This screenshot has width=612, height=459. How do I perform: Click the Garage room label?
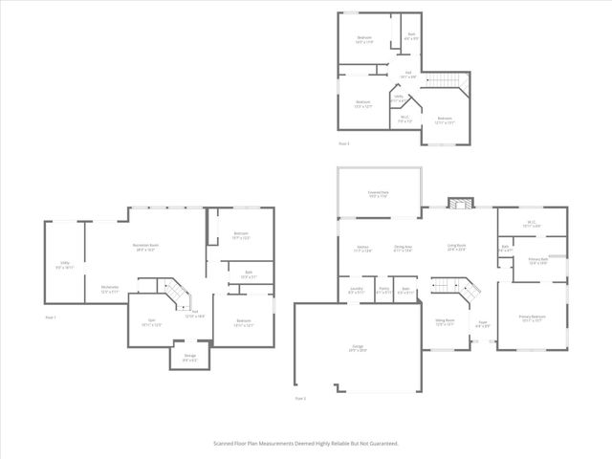point(358,349)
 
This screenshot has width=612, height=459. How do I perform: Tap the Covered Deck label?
point(379,194)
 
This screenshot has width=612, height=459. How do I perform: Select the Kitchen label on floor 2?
point(362,249)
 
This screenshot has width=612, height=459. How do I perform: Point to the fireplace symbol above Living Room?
point(460,204)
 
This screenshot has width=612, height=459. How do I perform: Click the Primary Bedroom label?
point(532,318)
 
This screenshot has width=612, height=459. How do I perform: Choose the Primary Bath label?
point(536,261)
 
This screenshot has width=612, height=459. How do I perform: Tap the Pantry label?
point(382,290)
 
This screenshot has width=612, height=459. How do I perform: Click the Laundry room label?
point(356,290)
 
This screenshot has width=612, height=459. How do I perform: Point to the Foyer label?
point(484,324)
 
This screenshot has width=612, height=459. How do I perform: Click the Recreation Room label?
point(145,247)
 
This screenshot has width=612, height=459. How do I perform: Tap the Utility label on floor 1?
point(64,267)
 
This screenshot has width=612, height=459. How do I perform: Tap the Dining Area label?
point(403,249)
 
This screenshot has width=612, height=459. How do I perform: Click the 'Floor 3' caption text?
point(344,143)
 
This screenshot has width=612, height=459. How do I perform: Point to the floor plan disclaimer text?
point(305,444)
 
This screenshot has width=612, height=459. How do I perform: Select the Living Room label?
point(456,248)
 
